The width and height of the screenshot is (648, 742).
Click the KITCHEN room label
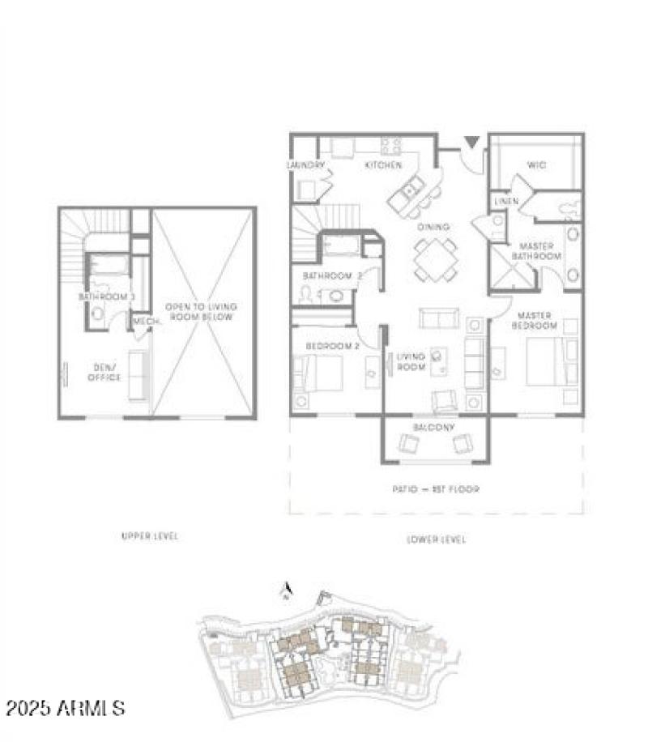pos(383,165)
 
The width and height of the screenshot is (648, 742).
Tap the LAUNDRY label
pos(305,165)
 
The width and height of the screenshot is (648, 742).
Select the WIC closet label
pos(536,165)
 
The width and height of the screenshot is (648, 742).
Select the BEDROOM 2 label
pos(332,347)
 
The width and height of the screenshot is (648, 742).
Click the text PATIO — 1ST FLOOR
pos(436,489)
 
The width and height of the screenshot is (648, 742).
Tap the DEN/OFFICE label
pos(104,373)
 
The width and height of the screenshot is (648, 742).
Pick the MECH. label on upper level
pos(146,322)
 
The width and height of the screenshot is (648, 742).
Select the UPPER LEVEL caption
pos(149,536)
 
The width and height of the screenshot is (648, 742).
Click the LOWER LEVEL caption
pos(436,539)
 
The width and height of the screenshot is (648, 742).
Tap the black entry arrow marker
pos(471,143)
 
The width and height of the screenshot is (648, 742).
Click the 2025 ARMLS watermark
pos(65,708)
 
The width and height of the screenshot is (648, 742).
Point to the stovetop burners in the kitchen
pos(391,146)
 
